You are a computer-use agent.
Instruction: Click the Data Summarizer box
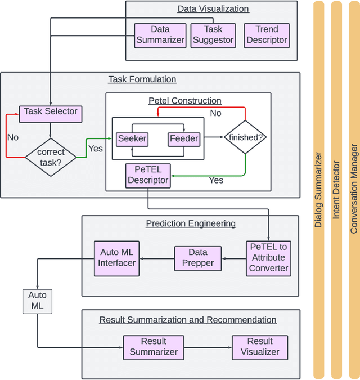pyautogui.click(x=160, y=35)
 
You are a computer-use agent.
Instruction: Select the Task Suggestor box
pyautogui.click(x=213, y=35)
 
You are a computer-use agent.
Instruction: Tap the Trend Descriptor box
pyautogui.click(x=267, y=35)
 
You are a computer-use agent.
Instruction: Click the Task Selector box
pyautogui.click(x=51, y=113)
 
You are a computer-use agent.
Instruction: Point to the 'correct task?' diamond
pyautogui.click(x=51, y=157)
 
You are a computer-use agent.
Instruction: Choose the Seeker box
pyautogui.click(x=132, y=138)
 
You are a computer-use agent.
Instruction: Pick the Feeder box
pyautogui.click(x=183, y=138)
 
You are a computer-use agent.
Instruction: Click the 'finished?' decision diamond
pyautogui.click(x=245, y=137)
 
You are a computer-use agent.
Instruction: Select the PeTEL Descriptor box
pyautogui.click(x=148, y=175)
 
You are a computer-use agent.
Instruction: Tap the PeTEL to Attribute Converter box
pyautogui.click(x=268, y=257)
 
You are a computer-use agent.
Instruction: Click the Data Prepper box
pyautogui.click(x=198, y=257)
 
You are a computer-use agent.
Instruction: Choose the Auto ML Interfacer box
pyautogui.click(x=116, y=257)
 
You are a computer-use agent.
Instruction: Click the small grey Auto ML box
pyautogui.click(x=37, y=301)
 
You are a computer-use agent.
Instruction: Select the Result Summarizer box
pyautogui.click(x=154, y=346)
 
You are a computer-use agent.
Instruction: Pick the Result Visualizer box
pyautogui.click(x=260, y=346)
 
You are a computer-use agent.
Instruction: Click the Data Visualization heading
pyautogui.click(x=213, y=8)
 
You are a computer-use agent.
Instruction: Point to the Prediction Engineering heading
pyautogui.click(x=191, y=223)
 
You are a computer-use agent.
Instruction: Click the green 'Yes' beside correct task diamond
pyautogui.click(x=96, y=149)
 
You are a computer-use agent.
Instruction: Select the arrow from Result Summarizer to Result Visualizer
pyautogui.click(x=208, y=347)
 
